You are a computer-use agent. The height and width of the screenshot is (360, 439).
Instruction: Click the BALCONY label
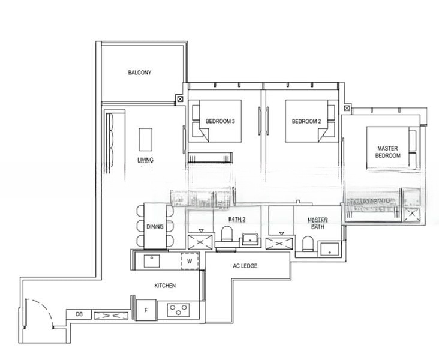tap(139, 73)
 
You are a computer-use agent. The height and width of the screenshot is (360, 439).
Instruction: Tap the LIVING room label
tap(145, 160)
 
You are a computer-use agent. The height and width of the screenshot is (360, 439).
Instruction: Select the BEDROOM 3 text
tap(220, 121)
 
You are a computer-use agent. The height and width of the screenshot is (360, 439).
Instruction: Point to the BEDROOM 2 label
tap(306, 121)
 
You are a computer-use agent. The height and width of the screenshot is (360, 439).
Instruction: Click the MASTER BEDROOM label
tap(388, 152)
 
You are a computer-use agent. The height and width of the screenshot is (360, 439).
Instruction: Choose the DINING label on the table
tap(155, 227)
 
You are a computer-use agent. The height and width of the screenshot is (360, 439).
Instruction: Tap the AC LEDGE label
tap(245, 266)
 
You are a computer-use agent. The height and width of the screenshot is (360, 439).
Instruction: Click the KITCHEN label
tap(165, 286)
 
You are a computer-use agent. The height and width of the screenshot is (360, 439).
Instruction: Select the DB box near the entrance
tap(78, 314)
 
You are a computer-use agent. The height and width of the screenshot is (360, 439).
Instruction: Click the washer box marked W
tap(190, 261)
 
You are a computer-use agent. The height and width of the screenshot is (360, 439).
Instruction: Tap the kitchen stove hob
tap(179, 310)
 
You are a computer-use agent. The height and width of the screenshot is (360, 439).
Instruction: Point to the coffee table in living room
tap(145, 139)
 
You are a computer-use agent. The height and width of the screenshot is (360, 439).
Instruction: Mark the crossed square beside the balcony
tap(180, 100)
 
